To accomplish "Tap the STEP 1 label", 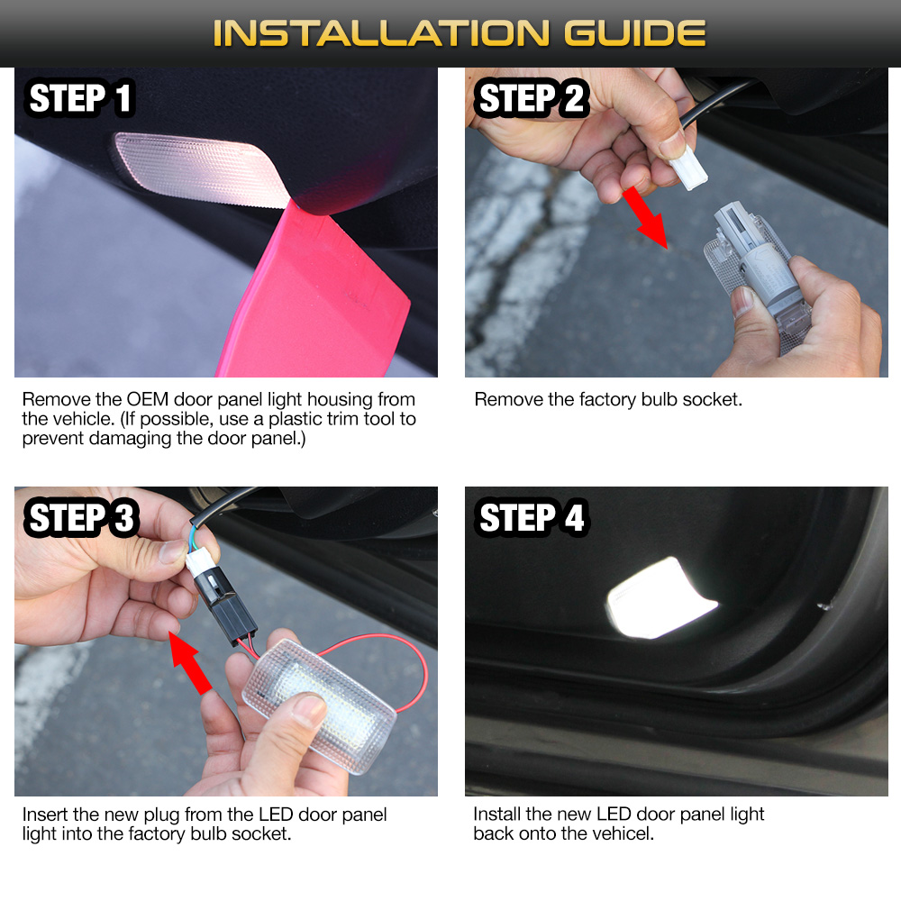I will [81, 98].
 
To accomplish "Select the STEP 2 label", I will [532, 98].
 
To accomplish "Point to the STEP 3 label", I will [81, 519].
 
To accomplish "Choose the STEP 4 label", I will [532, 519].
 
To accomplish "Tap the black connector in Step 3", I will [230, 613].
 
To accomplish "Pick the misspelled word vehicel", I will [621, 833].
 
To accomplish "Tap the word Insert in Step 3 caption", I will [46, 815].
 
